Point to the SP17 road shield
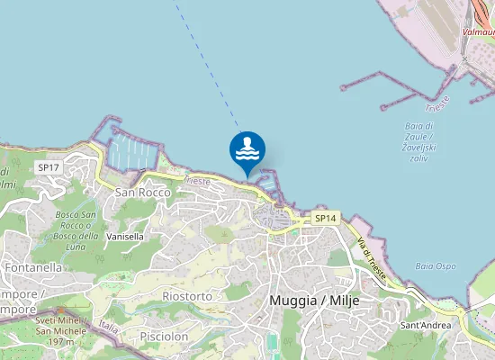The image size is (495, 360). point(48,167)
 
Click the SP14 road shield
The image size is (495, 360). point(325,219)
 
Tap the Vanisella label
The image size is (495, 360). point(125,237)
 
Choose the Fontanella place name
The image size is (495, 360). point(33,267)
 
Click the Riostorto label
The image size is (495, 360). point(187,295)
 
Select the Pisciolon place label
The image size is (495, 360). point(163,336)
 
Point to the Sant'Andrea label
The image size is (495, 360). point(425,325)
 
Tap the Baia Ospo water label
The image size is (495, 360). point(435,266)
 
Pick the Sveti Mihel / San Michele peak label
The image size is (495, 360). point(61,330)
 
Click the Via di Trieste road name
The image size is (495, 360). point(371,260)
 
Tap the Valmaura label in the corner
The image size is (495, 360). point(477,31)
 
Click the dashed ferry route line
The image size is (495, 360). point(207,63)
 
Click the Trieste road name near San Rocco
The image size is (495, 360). point(196,181)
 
